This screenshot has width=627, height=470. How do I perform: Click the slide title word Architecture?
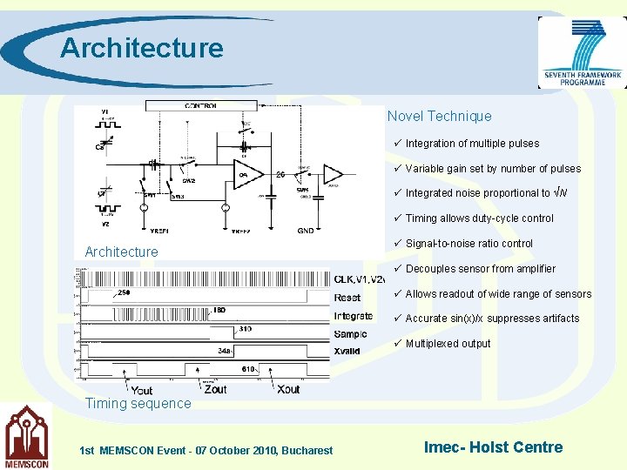coord(141,48)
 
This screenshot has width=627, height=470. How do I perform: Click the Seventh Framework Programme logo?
coord(582,53)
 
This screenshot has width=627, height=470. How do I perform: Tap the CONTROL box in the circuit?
coord(201,105)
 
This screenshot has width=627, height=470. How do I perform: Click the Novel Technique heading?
coord(439,117)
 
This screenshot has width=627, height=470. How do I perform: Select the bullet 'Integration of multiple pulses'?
coord(472,144)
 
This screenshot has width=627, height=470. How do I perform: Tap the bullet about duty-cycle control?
coord(479,218)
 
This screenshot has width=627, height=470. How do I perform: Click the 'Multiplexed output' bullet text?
coord(448,344)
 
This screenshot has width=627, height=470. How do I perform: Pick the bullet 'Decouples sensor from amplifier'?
coord(480,269)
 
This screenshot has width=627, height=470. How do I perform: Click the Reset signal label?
coord(347,298)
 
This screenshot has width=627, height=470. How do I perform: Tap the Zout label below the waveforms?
coord(214,389)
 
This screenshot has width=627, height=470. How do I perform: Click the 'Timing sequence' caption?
coord(138,404)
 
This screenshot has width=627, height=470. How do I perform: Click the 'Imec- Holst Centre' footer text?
coord(493,447)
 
